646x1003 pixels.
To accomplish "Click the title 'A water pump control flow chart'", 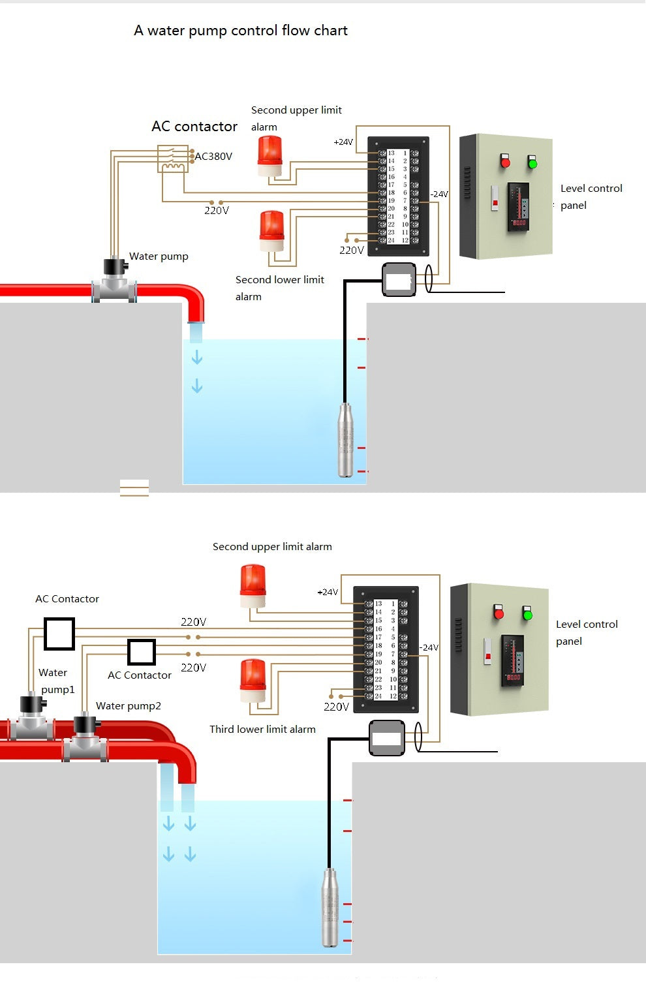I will (241, 31).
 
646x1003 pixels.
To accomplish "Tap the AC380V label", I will (213, 157).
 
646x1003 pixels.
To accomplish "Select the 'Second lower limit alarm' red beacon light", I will (272, 230).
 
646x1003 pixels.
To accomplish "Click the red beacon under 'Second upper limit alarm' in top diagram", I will (269, 156).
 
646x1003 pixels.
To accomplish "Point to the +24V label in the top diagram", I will (343, 142).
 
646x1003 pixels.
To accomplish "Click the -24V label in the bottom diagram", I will (429, 647).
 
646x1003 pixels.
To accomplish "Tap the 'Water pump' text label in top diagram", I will (159, 256).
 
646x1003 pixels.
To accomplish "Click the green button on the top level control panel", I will (532, 162).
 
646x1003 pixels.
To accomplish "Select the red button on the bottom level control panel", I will (499, 613).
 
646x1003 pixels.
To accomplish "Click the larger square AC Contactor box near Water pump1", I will (59, 634).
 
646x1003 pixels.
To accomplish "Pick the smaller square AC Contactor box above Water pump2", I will (142, 652).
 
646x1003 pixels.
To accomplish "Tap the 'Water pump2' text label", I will (129, 706).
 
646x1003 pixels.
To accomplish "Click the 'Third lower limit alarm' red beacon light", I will (253, 682).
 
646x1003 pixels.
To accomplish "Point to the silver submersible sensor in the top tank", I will (346, 440).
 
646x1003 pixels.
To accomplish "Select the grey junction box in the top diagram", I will (399, 280).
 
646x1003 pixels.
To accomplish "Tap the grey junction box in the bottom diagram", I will (387, 738).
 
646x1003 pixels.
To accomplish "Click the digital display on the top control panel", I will (519, 223).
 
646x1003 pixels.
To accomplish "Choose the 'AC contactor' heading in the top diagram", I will (194, 127).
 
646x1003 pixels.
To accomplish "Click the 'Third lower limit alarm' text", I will (262, 730).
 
